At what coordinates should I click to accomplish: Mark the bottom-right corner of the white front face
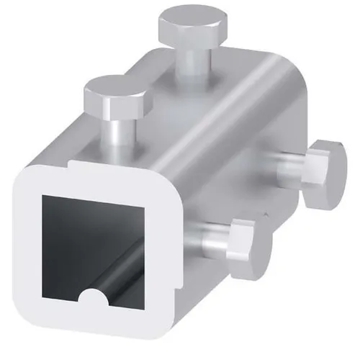[x=164, y=315]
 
